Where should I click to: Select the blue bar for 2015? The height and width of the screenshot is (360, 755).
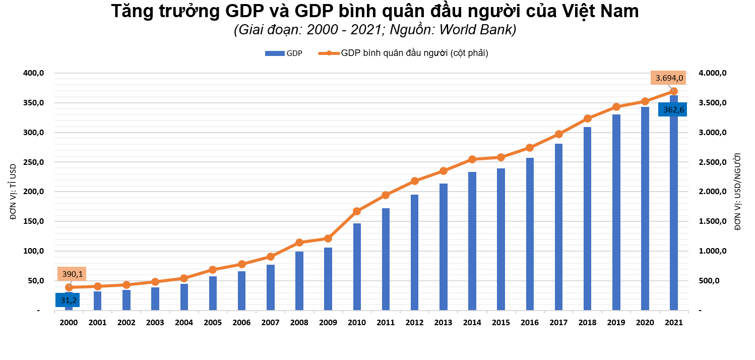click(x=501, y=239)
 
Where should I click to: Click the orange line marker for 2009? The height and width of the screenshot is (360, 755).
click(x=328, y=238)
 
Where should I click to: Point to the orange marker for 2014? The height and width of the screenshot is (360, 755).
click(x=472, y=159)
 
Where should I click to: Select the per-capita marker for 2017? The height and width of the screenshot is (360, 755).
click(x=558, y=134)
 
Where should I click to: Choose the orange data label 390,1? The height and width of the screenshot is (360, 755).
click(x=72, y=274)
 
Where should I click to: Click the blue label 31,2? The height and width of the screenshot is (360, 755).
click(x=68, y=300)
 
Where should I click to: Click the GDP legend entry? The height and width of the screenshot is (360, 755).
click(x=284, y=53)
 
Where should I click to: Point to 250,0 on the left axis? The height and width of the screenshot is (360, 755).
click(x=34, y=162)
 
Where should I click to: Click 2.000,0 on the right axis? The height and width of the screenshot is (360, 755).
click(x=713, y=192)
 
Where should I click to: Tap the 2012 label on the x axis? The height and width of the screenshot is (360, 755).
click(x=414, y=323)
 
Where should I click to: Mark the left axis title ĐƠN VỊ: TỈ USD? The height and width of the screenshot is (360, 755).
click(x=14, y=192)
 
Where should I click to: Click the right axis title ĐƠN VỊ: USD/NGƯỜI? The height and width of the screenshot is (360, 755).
click(x=738, y=192)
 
